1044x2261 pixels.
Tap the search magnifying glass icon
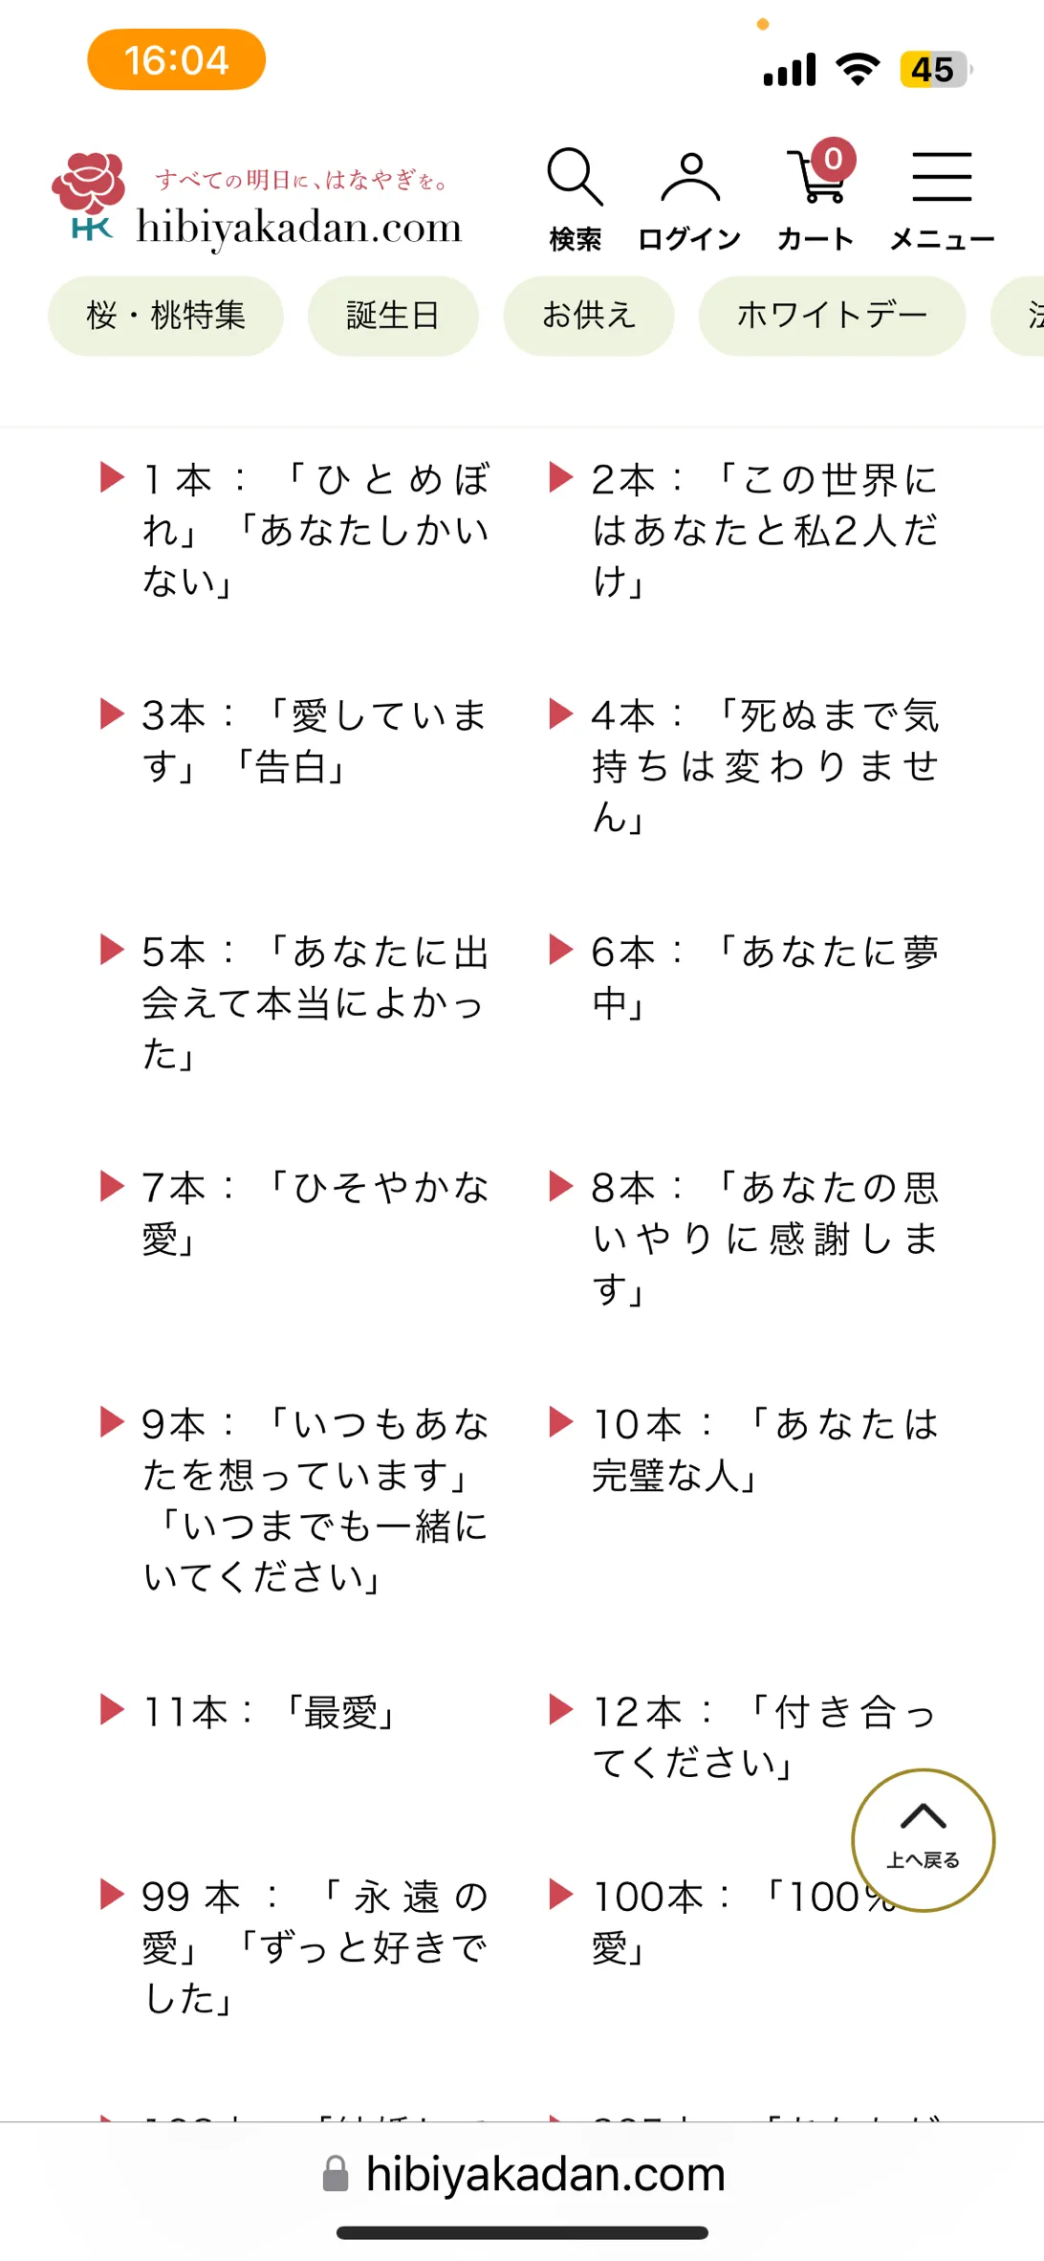pos(575,178)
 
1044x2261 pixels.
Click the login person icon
pos(690,178)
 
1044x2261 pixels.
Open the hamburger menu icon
pos(942,178)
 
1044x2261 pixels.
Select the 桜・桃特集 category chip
pos(165,316)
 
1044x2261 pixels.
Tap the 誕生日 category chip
pos(393,316)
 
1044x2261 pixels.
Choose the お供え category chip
pos(589,316)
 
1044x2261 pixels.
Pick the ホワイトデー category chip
pos(832,316)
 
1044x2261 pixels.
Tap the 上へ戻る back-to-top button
pos(923,1839)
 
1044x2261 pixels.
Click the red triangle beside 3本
pos(112,713)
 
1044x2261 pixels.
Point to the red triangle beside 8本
pos(560,1186)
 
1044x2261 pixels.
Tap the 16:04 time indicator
pos(176,60)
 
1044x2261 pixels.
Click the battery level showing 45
pos(934,70)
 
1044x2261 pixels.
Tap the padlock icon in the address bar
pos(336,2174)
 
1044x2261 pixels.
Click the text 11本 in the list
pos(185,1712)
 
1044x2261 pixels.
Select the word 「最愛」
pos(340,1712)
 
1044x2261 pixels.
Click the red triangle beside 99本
pos(112,1894)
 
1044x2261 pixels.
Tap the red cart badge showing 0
pos(834,159)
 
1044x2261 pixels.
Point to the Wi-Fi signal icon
pos(858,69)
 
